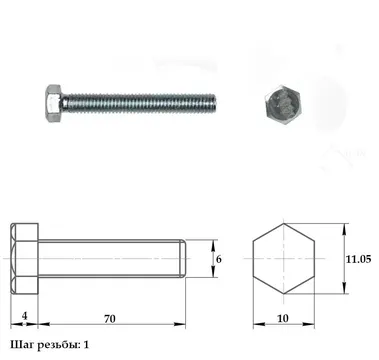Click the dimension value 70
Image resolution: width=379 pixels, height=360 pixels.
[x=110, y=319]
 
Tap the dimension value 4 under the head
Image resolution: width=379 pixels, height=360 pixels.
[x=24, y=316]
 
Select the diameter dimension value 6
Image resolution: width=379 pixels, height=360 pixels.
[x=219, y=259]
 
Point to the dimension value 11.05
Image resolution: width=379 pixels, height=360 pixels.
[x=358, y=259]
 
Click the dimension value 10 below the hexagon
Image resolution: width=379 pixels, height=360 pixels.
[x=283, y=319]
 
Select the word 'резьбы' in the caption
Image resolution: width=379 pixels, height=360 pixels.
[x=58, y=345]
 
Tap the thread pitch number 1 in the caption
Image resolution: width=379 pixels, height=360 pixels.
[x=86, y=345]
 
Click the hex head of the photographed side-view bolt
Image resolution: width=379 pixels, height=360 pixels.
[x=53, y=104]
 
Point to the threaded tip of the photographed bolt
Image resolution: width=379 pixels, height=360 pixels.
[x=213, y=103]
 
